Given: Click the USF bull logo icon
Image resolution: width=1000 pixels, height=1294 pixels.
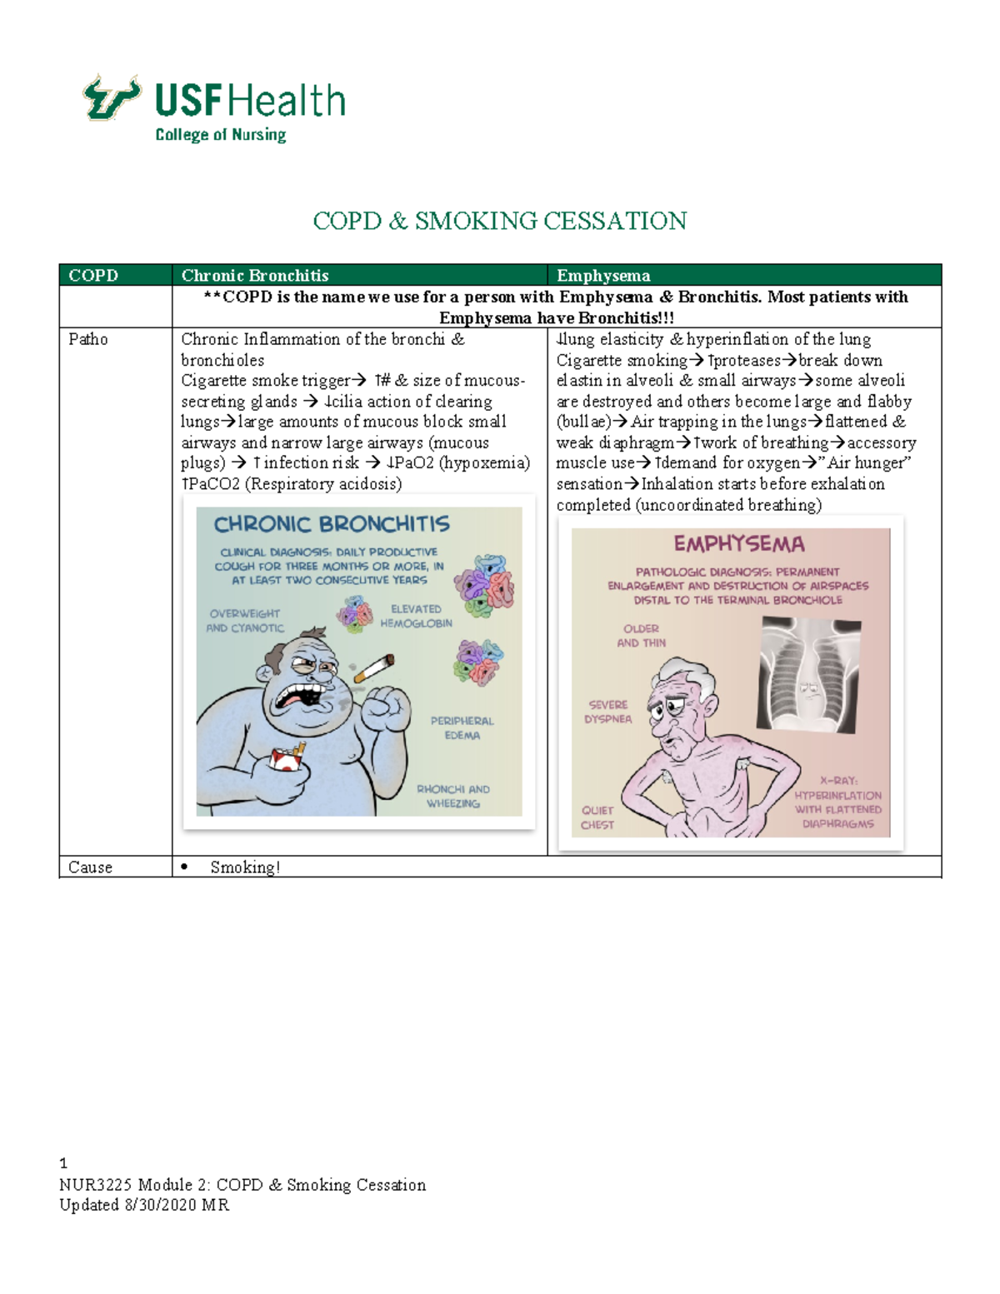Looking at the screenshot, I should click(112, 97).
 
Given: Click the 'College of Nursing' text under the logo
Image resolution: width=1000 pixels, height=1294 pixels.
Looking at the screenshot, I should click(220, 135).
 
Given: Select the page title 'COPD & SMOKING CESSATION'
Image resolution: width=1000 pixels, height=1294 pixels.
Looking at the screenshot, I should click(499, 221).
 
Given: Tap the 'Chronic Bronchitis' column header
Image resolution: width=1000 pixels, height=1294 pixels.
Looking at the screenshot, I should click(255, 276).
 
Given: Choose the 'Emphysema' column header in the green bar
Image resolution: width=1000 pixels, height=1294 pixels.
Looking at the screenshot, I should click(603, 276).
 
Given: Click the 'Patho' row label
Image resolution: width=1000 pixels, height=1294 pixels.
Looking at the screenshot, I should click(87, 339).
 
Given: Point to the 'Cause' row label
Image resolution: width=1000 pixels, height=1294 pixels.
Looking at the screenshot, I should click(90, 867).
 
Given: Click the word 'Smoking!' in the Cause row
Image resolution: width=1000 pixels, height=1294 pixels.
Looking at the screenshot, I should click(245, 867).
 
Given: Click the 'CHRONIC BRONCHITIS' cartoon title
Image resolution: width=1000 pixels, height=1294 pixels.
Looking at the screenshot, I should click(332, 524).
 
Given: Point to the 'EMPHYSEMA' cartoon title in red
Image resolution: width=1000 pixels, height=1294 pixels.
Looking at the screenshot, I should click(739, 544).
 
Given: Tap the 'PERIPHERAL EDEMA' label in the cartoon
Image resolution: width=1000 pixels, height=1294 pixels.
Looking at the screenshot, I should click(462, 728).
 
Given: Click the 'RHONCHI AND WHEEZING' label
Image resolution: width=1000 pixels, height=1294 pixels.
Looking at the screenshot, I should click(453, 797).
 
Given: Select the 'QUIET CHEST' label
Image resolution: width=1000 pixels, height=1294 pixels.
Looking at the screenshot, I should click(597, 817).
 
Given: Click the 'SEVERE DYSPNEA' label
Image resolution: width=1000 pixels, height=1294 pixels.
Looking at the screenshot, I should click(608, 712).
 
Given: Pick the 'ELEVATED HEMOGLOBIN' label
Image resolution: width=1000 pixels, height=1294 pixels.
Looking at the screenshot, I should click(416, 616).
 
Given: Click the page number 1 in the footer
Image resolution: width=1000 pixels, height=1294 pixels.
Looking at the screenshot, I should click(63, 1163).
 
